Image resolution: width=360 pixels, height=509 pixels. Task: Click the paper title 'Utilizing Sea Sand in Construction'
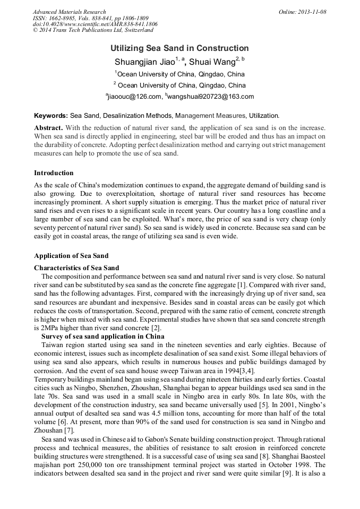(179, 48)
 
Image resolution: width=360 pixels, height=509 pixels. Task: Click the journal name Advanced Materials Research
(69, 12)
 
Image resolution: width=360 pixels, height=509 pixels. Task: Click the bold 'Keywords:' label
(51, 115)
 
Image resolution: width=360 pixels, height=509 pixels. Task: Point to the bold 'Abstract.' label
(49, 128)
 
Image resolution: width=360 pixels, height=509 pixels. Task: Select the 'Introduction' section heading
(54, 173)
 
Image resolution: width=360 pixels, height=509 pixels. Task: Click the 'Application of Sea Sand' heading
(71, 256)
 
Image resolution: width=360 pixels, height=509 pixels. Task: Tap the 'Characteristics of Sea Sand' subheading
(76, 268)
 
